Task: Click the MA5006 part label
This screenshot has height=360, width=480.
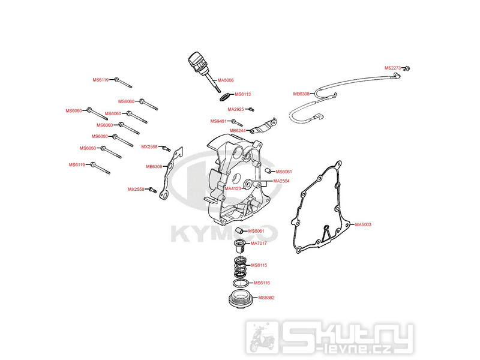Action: coord(226,80)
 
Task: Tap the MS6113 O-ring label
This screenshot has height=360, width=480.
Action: coord(243,94)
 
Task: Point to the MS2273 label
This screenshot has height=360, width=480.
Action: coord(392,68)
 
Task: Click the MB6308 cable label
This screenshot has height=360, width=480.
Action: coord(301,94)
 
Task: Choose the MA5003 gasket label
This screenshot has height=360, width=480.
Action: coord(363,224)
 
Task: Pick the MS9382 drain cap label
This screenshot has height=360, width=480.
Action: coord(266,298)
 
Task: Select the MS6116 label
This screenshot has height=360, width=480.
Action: coord(262,283)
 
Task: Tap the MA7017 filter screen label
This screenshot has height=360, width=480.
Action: coord(259,244)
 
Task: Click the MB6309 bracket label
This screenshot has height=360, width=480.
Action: coord(154,167)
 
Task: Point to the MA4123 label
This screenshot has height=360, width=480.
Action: coord(233,188)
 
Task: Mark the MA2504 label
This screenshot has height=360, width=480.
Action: coord(281,181)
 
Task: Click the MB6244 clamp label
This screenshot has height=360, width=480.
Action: coord(238,131)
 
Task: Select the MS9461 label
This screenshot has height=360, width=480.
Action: coord(218,121)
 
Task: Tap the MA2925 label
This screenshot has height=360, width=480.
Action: coord(236,109)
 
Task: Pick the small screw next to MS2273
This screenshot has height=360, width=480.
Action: coord(407,68)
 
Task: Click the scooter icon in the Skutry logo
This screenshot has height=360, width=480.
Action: coord(261,337)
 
